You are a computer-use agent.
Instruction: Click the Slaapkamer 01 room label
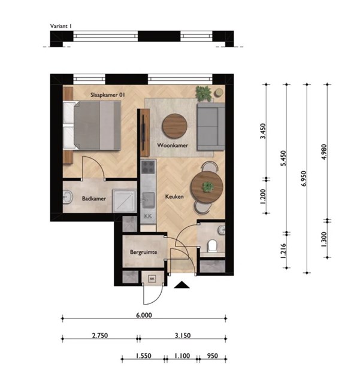pos(108,95)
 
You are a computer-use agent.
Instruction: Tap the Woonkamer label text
pos(173,145)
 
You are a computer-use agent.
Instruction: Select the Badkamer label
pos(94,199)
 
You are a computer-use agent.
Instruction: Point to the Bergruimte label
pos(144,252)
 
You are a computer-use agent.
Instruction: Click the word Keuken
pos(174,196)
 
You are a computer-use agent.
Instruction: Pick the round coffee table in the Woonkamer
pos(175,126)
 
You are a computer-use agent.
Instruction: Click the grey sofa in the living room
pos(211,126)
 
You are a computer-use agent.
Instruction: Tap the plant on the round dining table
pos(208,187)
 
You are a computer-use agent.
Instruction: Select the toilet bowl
pos(212,246)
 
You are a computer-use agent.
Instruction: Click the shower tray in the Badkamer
pos(124,201)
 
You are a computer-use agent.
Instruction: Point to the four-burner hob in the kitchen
pos(148,167)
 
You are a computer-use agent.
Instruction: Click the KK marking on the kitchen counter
pos(148,216)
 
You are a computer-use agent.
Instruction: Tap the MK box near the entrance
pos(152,279)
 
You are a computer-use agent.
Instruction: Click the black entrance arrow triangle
pos(181,285)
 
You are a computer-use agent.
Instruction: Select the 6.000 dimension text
pos(144,315)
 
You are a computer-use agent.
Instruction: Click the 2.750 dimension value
pos(100,336)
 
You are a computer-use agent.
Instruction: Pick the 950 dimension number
pos(212,356)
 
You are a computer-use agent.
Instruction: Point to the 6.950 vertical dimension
pos(304,178)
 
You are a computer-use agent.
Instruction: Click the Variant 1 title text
pos(61,26)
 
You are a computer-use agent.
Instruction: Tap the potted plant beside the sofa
pos(204,93)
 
